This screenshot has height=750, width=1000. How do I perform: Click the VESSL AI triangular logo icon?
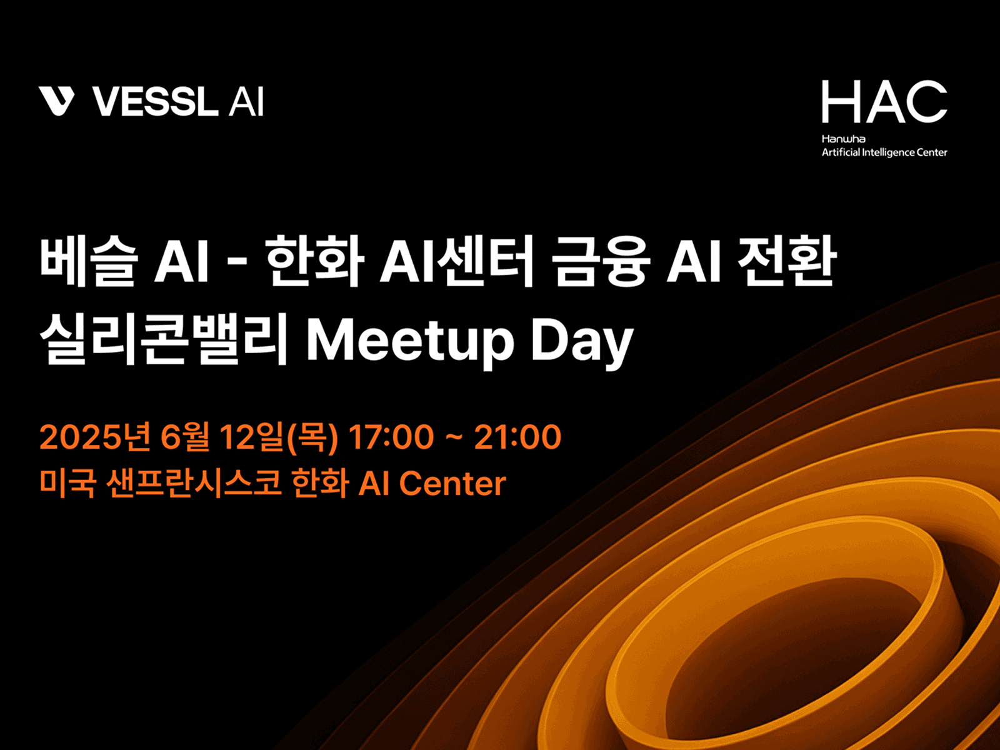tap(56, 101)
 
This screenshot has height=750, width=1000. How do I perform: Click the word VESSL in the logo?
tap(156, 102)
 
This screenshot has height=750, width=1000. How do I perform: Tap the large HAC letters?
tap(884, 102)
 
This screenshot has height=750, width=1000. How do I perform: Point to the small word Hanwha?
tap(843, 139)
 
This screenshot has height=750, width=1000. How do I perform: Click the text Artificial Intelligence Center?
tap(884, 152)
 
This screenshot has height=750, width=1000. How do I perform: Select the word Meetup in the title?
tap(410, 341)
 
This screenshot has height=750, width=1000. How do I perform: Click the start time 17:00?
tap(391, 437)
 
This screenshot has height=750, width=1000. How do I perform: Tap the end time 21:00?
tap(517, 437)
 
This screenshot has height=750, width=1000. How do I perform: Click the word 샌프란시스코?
tap(194, 483)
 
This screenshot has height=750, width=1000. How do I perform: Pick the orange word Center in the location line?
tap(452, 483)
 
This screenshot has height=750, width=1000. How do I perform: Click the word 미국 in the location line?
tap(67, 483)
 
